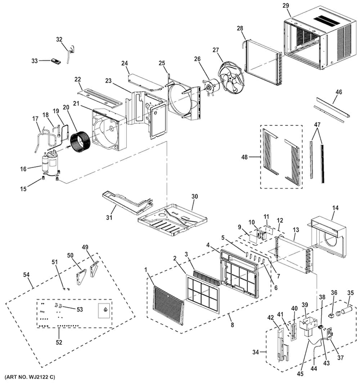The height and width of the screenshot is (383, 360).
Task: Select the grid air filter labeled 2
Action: pyautogui.click(x=203, y=293)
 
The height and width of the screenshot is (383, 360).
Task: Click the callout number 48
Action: pyautogui.click(x=244, y=157)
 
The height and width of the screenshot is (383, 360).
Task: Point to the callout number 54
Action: pyautogui.click(x=26, y=275)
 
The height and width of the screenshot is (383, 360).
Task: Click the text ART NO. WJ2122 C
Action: pyautogui.click(x=30, y=377)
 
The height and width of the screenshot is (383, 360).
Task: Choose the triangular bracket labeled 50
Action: pyautogui.click(x=81, y=277)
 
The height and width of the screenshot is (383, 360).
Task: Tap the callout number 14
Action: pyautogui.click(x=336, y=208)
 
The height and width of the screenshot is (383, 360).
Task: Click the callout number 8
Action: pyautogui.click(x=232, y=324)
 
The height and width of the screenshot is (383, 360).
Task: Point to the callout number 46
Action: pyautogui.click(x=339, y=92)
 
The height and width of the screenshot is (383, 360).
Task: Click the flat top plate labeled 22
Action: pyautogui.click(x=99, y=98)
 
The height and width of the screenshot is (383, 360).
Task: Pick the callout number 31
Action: pyautogui.click(x=109, y=217)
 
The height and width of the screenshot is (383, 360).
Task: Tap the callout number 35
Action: pyautogui.click(x=350, y=293)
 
